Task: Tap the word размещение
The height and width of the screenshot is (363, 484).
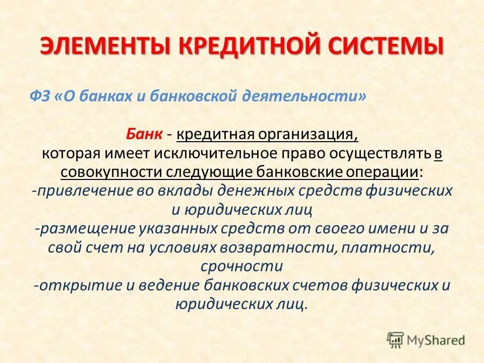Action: (85, 228)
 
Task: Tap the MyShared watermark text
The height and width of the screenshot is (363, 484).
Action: (436, 340)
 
